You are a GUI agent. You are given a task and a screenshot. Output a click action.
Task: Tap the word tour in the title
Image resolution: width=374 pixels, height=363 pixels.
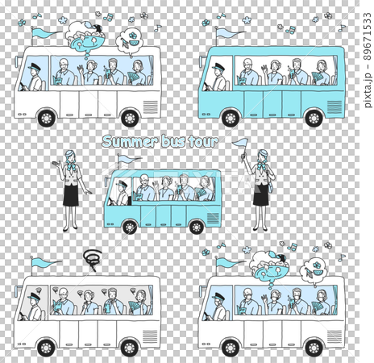(202, 142)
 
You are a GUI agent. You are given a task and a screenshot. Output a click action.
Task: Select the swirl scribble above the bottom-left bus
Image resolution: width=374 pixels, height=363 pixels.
(91, 258)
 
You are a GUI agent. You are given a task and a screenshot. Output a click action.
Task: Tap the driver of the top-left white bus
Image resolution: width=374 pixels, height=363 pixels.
(34, 77)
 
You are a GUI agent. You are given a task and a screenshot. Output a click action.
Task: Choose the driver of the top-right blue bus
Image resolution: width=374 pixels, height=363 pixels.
(218, 77)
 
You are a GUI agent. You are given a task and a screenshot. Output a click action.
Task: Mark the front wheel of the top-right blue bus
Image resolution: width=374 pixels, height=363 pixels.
(231, 118)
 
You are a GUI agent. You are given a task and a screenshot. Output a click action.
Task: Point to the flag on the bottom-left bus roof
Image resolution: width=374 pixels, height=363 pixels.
(40, 261)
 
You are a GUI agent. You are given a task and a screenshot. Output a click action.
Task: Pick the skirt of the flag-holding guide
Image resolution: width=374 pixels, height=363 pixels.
(260, 196)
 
